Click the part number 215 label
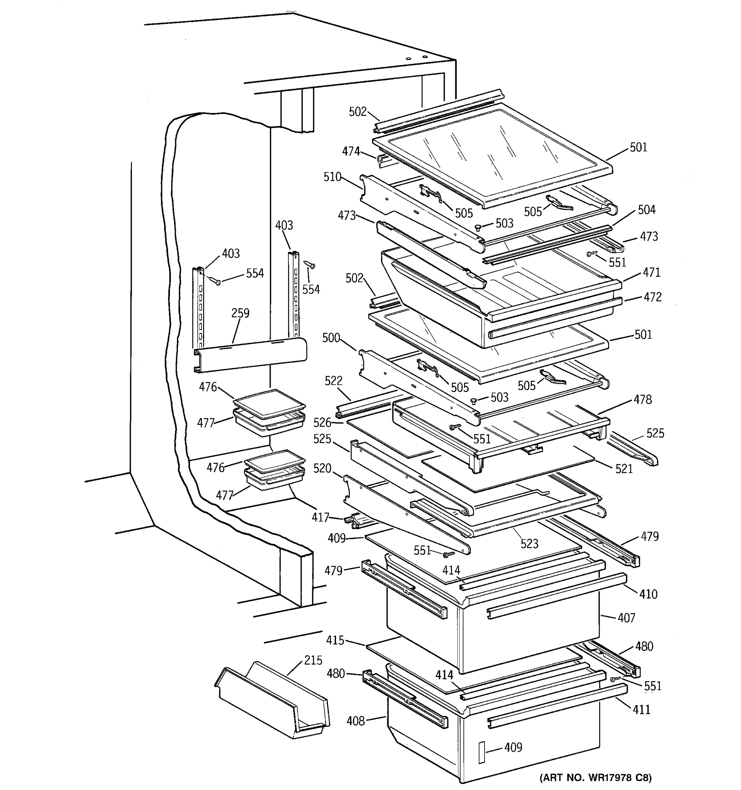pyautogui.click(x=313, y=660)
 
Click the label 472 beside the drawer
pyautogui.click(x=652, y=297)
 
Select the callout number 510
pyautogui.click(x=332, y=177)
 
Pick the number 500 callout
pyautogui.click(x=331, y=338)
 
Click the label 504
pyautogui.click(x=646, y=209)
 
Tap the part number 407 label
pyautogui.click(x=626, y=618)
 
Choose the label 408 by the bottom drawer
pyautogui.click(x=355, y=721)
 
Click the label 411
pyautogui.click(x=641, y=709)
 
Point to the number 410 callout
pyautogui.click(x=648, y=594)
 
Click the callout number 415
pyautogui.click(x=335, y=641)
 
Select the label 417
pyautogui.click(x=320, y=517)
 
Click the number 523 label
pyautogui.click(x=529, y=544)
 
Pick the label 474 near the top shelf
pyautogui.click(x=351, y=151)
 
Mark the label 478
pyautogui.click(x=643, y=399)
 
